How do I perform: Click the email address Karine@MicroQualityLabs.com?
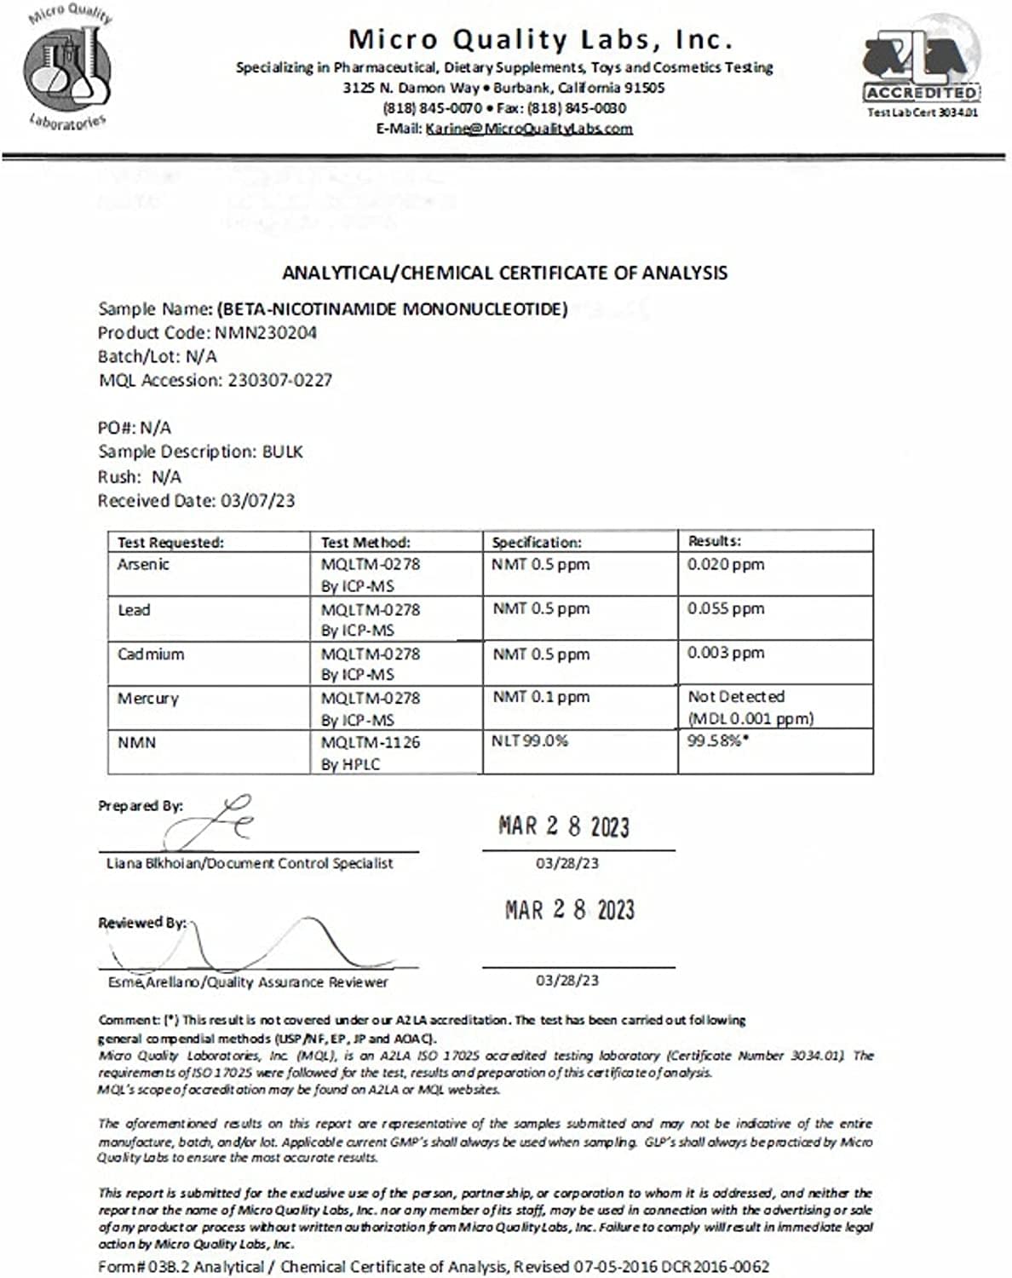click(x=528, y=129)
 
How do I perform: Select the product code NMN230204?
click(x=265, y=333)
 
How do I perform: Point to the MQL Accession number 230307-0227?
click(x=279, y=381)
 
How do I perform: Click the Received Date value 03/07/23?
click(x=257, y=501)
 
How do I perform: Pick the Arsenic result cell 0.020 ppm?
click(x=726, y=564)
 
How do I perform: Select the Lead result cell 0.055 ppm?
click(x=726, y=609)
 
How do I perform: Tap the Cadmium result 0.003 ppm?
click(x=726, y=653)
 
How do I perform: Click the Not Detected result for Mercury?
click(x=736, y=697)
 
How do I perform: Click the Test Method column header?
click(x=365, y=543)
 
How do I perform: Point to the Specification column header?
click(x=537, y=543)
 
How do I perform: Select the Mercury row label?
click(x=148, y=699)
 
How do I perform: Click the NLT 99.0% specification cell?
click(x=530, y=741)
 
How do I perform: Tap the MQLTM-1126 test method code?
click(x=371, y=742)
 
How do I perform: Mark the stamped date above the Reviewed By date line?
click(x=569, y=910)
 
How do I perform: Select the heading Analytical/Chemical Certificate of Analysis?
click(x=504, y=273)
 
